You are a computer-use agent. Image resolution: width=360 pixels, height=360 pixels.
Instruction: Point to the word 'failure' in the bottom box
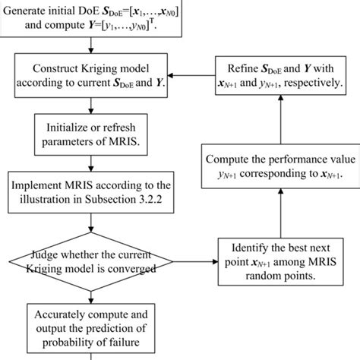click(x=135, y=339)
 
